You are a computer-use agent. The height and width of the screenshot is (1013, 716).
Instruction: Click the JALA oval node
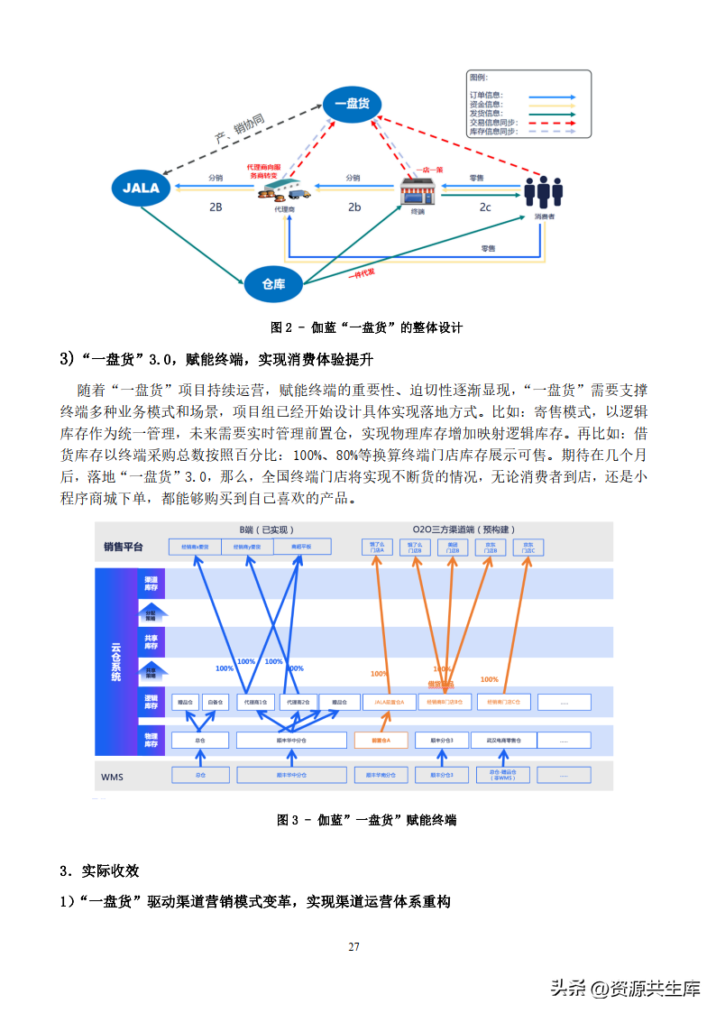[142, 188]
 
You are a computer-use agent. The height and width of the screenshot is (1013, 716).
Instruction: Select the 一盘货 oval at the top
[352, 104]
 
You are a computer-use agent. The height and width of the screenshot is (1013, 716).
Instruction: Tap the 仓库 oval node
[273, 284]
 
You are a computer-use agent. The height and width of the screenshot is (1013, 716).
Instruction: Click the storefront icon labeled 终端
[418, 193]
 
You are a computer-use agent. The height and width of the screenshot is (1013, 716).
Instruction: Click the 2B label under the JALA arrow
[216, 207]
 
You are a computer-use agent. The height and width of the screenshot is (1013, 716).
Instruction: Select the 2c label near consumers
[485, 207]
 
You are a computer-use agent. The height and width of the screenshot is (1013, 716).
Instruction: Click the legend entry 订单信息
[486, 96]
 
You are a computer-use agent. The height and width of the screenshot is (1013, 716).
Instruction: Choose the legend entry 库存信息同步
[493, 132]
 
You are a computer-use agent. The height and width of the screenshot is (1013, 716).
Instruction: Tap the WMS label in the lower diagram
[113, 776]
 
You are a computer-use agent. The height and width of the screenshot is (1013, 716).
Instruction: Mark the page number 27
[353, 946]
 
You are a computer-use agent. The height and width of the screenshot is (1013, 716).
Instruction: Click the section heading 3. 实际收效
[99, 871]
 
